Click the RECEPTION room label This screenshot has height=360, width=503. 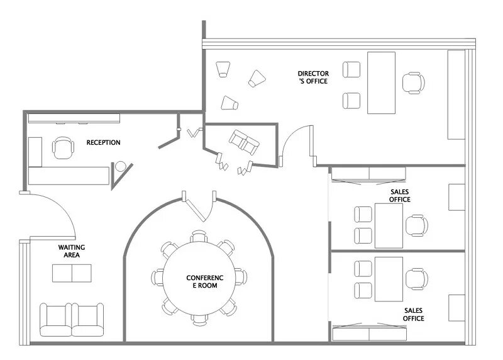[x=103, y=142]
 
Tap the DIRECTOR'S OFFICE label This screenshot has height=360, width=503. [x=313, y=77]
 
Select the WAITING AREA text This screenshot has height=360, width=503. [x=72, y=251]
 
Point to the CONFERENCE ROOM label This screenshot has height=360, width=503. [x=205, y=281]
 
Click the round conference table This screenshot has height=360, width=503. [x=199, y=278]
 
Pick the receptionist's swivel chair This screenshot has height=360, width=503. [x=64, y=148]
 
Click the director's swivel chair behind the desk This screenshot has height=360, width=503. [x=414, y=83]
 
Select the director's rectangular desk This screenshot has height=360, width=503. [x=381, y=83]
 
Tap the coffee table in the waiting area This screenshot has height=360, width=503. [x=72, y=273]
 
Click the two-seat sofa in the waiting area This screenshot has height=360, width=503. [x=72, y=320]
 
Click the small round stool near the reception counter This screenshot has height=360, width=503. [x=121, y=166]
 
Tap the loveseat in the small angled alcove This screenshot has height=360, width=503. [x=244, y=142]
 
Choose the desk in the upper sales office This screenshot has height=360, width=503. [x=389, y=226]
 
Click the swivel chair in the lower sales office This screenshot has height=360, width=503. [x=417, y=279]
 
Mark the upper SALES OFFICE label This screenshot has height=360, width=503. [x=400, y=196]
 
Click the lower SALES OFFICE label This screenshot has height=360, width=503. [x=414, y=315]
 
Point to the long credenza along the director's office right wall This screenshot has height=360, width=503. [x=456, y=95]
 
